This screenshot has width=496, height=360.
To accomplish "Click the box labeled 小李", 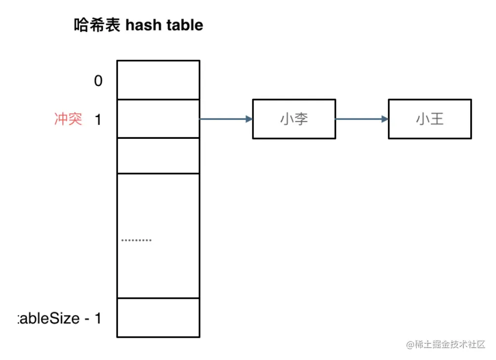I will pos(294,119).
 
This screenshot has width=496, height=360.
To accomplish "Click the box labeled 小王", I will pos(429,119).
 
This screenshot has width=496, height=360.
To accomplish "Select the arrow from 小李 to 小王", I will pos(361,119).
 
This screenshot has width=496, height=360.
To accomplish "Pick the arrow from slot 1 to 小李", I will pos(225,119).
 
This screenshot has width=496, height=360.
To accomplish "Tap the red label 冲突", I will pos(68,119).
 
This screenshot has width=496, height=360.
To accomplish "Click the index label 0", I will pos(98,80).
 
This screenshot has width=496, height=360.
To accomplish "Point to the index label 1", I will pos(98,120).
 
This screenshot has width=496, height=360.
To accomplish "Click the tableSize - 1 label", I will pos(59,319).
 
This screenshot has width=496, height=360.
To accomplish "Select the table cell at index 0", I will pos(158,80).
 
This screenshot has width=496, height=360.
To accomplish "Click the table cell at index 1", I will pos(158,119).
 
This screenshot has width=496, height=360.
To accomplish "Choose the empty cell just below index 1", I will pos(158,156).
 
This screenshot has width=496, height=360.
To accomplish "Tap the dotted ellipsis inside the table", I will pos(136,240).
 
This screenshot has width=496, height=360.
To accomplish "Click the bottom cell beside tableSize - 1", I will pos(158,318).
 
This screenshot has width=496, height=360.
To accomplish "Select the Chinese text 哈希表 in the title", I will pos(97,25).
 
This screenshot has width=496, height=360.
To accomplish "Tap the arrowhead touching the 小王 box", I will pos(385,119).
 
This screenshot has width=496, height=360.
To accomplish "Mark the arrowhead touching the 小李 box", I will pos(249,119).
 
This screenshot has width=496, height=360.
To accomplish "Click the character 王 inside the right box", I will pos(437,119).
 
